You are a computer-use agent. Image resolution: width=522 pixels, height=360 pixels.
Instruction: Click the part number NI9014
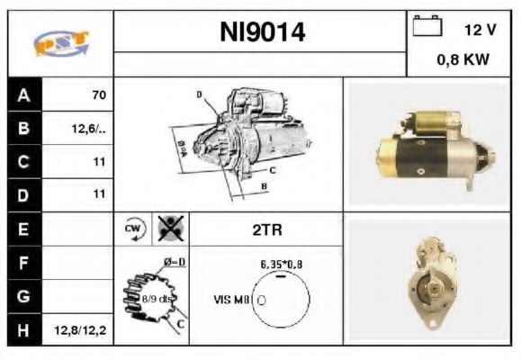262,33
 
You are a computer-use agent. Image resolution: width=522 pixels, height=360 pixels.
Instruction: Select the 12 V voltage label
481,30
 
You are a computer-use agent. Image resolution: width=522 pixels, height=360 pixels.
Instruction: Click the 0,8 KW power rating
463,60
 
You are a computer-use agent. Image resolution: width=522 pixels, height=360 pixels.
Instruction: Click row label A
22,94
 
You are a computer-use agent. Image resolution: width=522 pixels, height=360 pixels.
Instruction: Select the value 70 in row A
98,94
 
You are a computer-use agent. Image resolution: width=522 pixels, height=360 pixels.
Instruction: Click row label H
22,330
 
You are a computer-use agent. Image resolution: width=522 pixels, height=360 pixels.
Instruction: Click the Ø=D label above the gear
174,262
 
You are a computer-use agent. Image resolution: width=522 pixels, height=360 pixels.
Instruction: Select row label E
22,229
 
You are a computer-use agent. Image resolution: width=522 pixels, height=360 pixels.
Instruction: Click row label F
22,262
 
